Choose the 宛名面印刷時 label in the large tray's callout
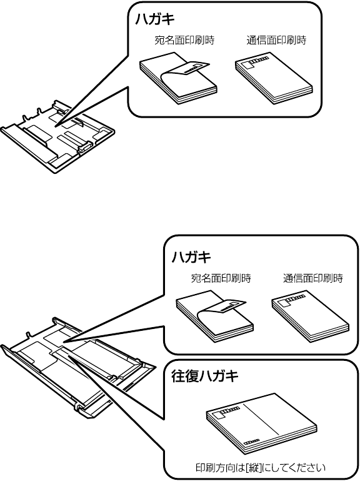click(x=212, y=279)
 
